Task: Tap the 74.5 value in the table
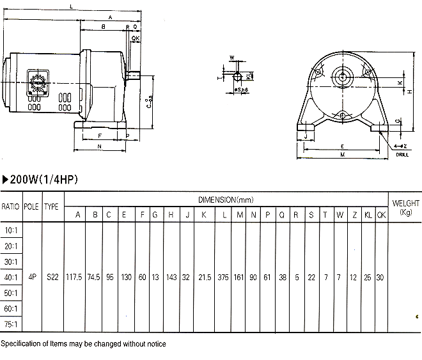coord(95,278)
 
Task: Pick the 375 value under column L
coord(224,278)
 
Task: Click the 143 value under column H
coord(171,278)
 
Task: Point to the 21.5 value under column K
coord(204,278)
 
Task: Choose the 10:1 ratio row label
coord(10,230)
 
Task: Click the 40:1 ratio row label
coord(10,278)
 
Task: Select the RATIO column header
coord(10,207)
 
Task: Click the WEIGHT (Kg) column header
coord(405,207)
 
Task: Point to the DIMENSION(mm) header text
coord(227,199)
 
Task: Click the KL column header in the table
coord(368,214)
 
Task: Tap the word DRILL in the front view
coord(402,155)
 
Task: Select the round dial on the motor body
coord(36,84)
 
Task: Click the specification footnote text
coord(83,344)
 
